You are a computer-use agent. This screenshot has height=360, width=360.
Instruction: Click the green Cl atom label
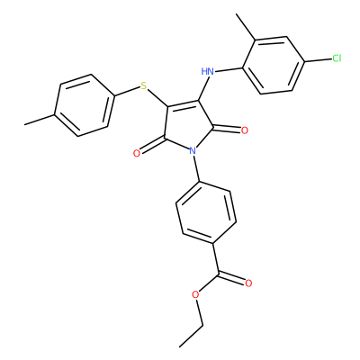(x=337, y=58)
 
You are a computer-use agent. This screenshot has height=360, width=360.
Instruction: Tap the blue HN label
(x=208, y=72)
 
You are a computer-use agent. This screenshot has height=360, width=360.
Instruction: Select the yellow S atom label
(x=144, y=86)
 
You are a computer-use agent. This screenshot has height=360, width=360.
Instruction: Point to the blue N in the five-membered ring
(x=193, y=150)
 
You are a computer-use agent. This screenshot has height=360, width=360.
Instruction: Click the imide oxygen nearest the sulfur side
(x=137, y=154)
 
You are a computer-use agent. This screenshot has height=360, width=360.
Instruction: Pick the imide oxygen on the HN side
(x=245, y=130)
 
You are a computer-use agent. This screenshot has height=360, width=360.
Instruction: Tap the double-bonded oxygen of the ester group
(x=248, y=283)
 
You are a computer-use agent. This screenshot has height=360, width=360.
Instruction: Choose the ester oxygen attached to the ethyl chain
(x=195, y=294)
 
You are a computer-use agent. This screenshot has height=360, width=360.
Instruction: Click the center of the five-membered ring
(x=187, y=125)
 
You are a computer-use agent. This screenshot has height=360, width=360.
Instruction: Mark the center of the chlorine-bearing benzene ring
(x=274, y=65)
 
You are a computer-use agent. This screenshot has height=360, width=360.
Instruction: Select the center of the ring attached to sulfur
(x=85, y=105)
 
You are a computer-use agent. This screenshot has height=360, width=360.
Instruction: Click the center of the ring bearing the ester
(x=206, y=212)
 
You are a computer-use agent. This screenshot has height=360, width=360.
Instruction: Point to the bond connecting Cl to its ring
(x=319, y=60)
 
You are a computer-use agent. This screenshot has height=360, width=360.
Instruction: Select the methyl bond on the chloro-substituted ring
(x=246, y=27)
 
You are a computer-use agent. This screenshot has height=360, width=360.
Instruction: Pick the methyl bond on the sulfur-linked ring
(x=40, y=120)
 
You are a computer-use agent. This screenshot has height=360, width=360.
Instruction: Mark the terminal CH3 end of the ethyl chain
(x=180, y=347)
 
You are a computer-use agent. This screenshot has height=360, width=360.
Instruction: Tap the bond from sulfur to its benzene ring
(x=128, y=92)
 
